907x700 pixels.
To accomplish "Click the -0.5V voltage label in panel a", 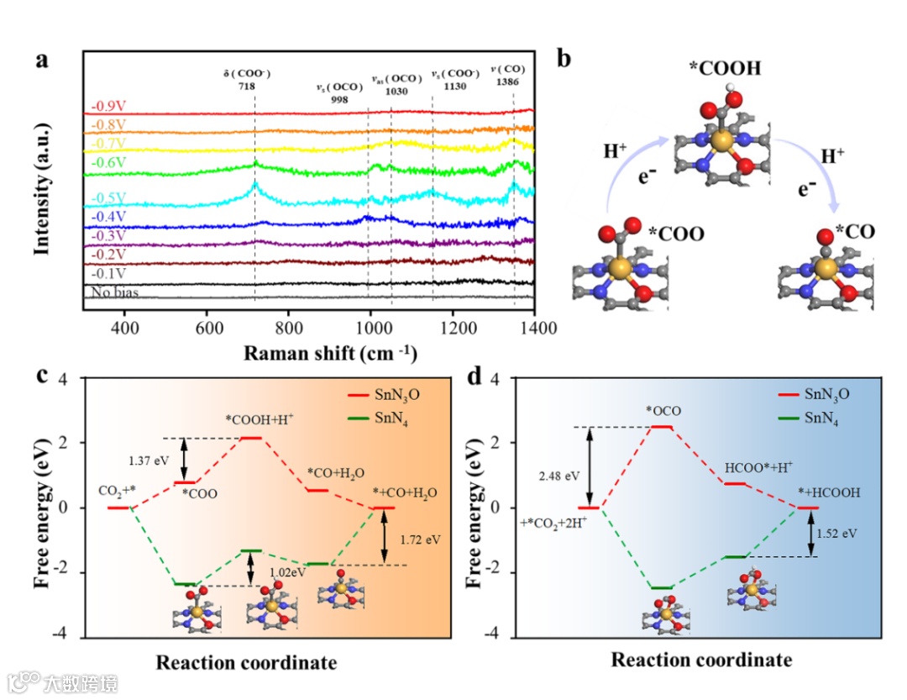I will pyautogui.click(x=109, y=197).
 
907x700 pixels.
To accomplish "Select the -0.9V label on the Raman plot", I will pyautogui.click(x=109, y=107).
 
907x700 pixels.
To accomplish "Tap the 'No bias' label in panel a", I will pyautogui.click(x=111, y=292).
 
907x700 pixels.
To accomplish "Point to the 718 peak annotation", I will pyautogui.click(x=245, y=86).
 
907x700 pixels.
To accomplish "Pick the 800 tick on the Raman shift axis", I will pyautogui.click(x=288, y=325).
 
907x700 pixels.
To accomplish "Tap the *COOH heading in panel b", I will pyautogui.click(x=725, y=68).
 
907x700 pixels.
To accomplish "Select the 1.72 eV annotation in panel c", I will pyautogui.click(x=420, y=534).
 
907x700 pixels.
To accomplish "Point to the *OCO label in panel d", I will pyautogui.click(x=663, y=411).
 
